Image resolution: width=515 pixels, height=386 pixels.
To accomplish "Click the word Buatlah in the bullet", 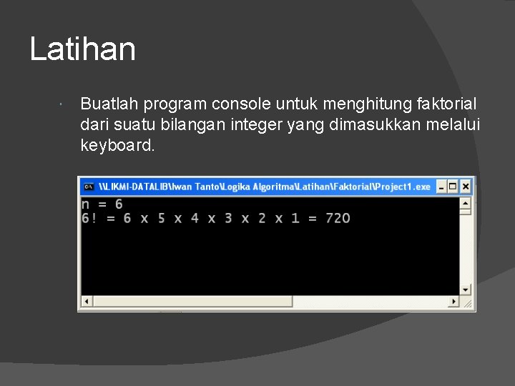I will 109,104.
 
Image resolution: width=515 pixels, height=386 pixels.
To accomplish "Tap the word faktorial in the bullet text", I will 446,104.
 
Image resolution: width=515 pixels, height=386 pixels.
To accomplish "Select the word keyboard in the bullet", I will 117,145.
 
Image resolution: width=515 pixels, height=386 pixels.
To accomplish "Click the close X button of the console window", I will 466,187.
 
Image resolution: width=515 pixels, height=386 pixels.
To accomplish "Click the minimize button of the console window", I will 441,187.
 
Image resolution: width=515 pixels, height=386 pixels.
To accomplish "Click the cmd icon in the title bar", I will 89,187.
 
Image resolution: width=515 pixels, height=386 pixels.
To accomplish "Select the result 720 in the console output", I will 338,218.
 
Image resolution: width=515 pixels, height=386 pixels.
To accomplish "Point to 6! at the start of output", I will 89,218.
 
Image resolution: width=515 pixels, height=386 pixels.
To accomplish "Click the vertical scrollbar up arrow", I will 466,201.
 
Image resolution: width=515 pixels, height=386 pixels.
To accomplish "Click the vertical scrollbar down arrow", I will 466,289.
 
